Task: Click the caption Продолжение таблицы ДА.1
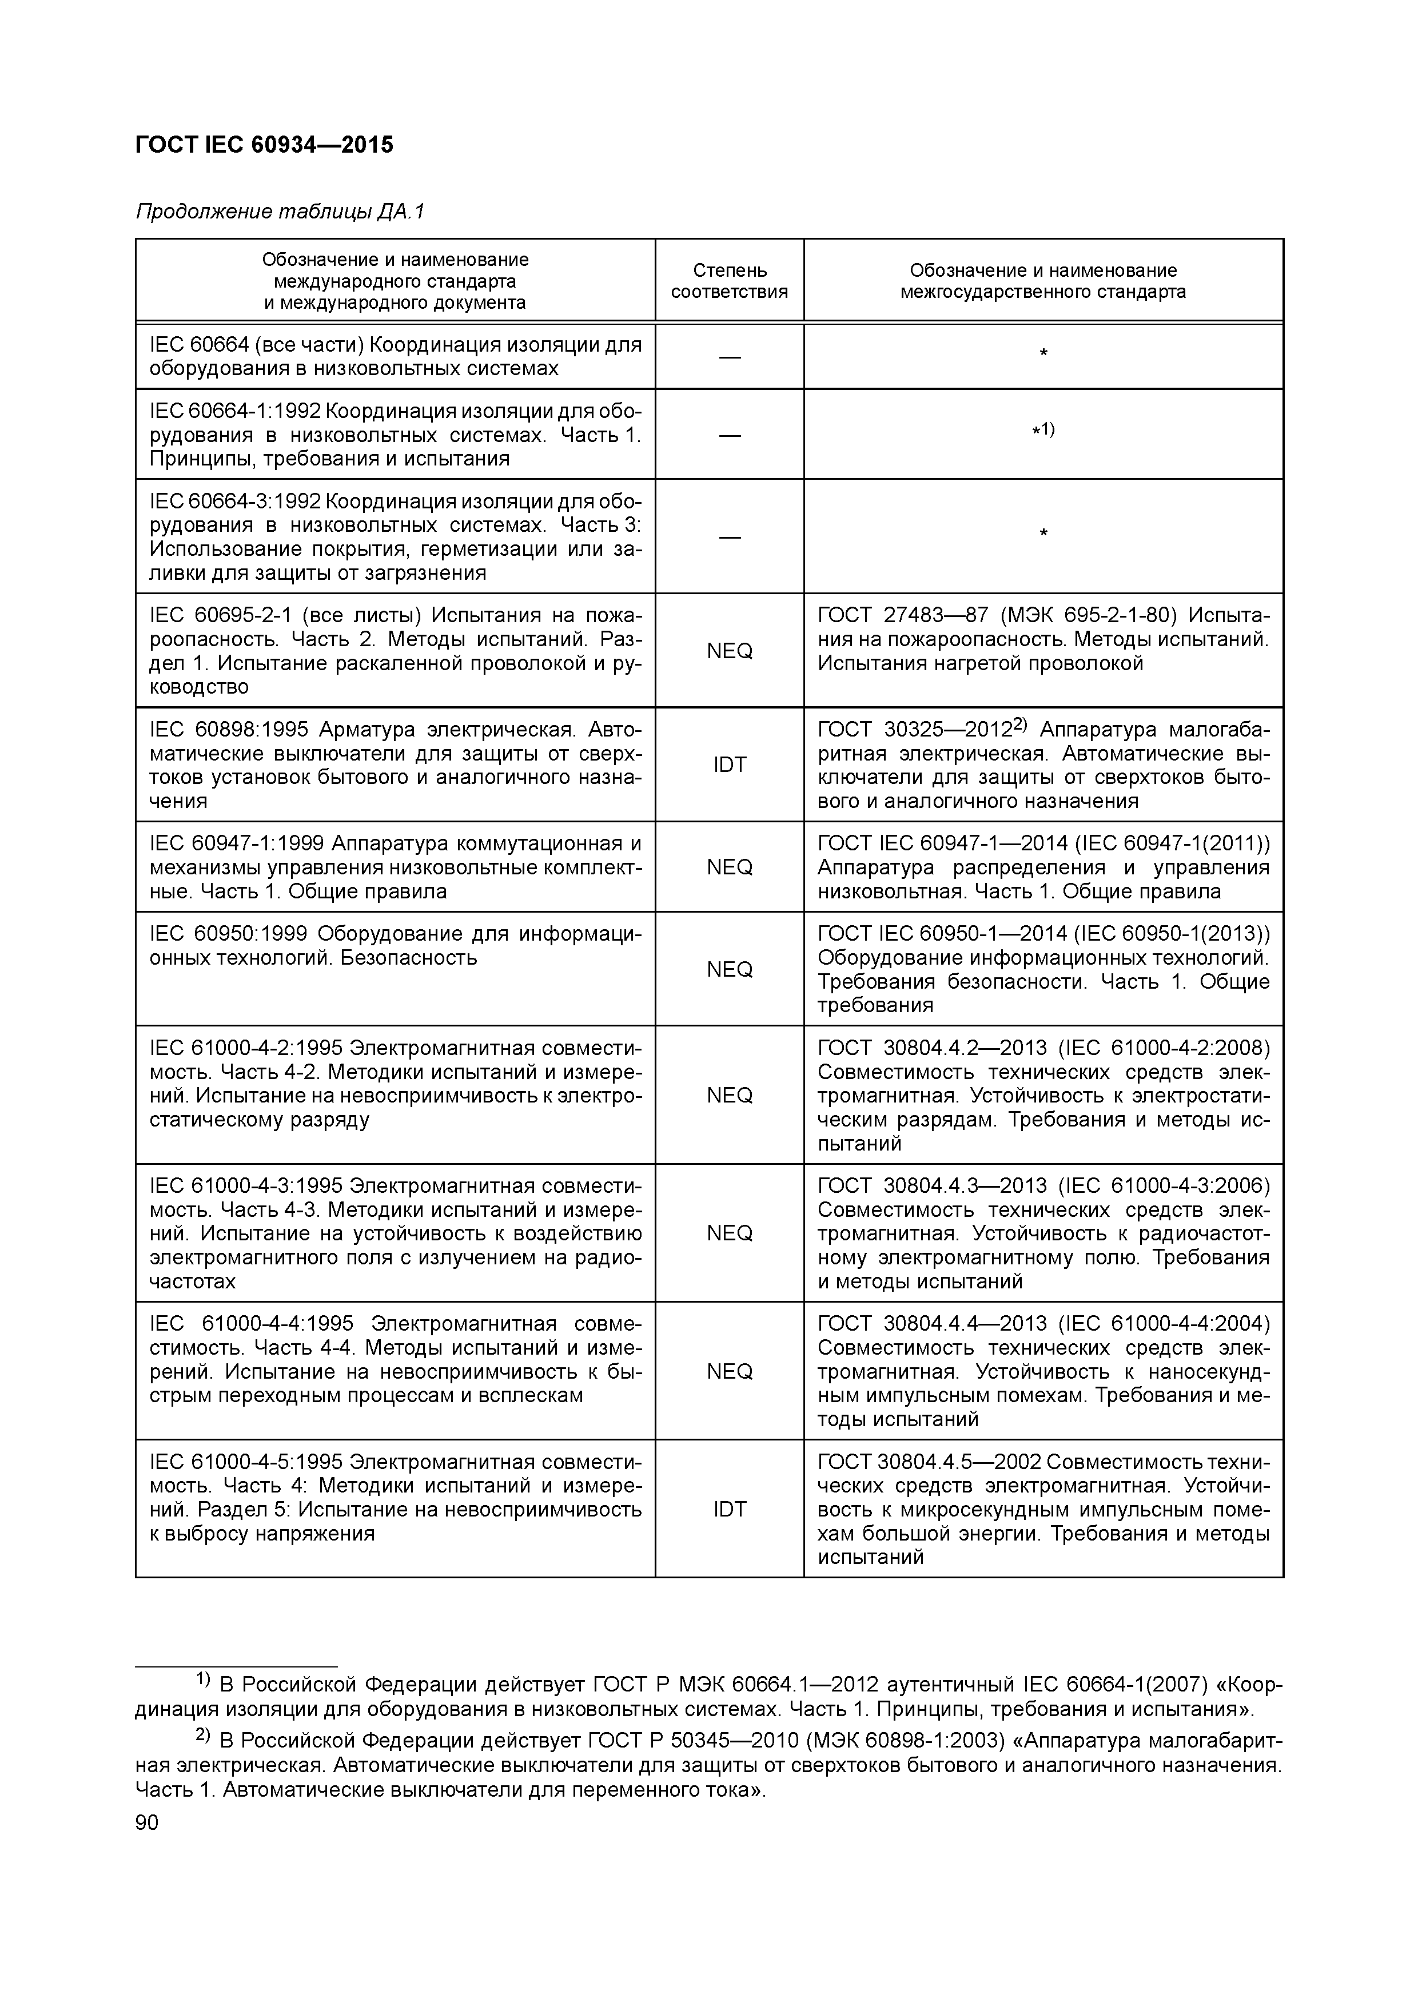(x=280, y=212)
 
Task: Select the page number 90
(x=147, y=1822)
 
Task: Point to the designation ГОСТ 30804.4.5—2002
(x=928, y=1462)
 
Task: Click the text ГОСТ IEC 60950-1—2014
(x=943, y=934)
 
